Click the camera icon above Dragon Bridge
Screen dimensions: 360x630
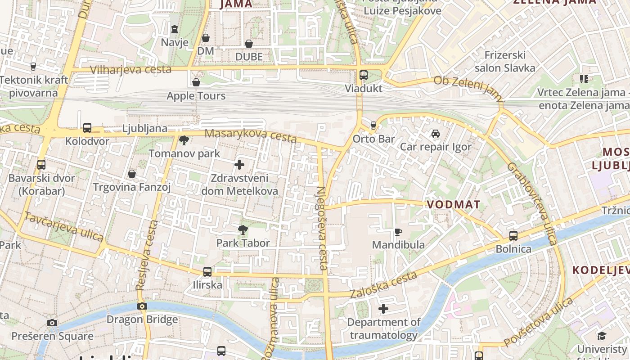(x=142, y=306)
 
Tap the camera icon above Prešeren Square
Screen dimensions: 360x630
(x=52, y=323)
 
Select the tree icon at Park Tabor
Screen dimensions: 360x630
(x=243, y=230)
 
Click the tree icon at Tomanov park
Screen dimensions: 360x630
(x=184, y=140)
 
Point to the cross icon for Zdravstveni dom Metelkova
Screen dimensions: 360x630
(x=239, y=165)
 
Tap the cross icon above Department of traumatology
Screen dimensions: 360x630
(x=383, y=309)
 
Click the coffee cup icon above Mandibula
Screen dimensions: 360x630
(x=398, y=232)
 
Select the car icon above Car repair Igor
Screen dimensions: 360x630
(x=435, y=134)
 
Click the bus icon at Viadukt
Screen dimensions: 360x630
(x=364, y=75)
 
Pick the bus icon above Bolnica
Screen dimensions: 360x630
(x=513, y=236)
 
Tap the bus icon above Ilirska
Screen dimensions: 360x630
(x=207, y=272)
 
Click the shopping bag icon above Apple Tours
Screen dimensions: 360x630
(x=196, y=82)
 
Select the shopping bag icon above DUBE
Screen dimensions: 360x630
(x=248, y=44)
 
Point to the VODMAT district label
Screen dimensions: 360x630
(x=453, y=205)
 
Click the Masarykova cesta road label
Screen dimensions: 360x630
(x=251, y=135)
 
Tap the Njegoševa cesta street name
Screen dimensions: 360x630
(x=322, y=228)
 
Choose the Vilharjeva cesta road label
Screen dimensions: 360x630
(x=130, y=70)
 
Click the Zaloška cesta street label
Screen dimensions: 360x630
(x=383, y=285)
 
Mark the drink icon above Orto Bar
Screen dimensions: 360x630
(x=373, y=125)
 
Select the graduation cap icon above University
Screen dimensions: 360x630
(x=602, y=336)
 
